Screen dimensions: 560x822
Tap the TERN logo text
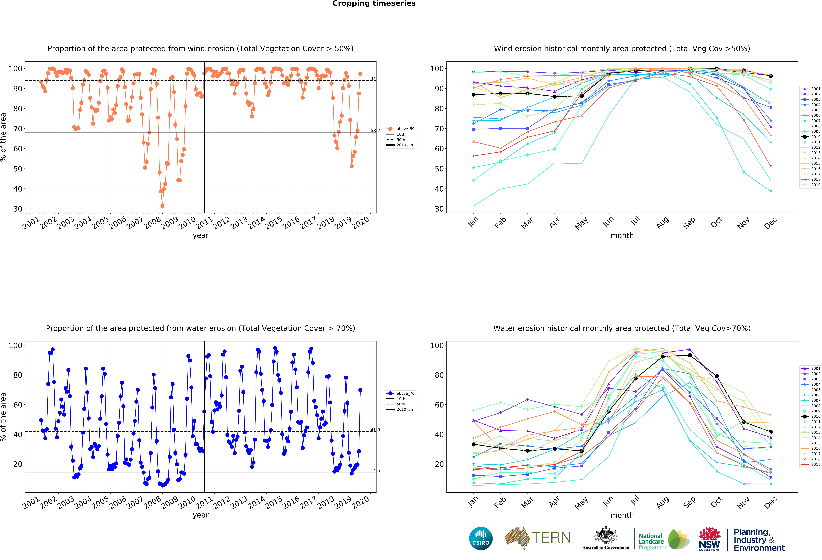[551, 538]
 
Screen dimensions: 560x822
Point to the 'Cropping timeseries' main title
[374, 4]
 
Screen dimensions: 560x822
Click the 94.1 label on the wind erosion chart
[375, 78]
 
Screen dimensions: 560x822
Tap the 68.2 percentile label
[375, 130]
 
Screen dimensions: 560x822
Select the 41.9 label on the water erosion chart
[375, 430]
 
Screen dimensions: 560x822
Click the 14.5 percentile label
[375, 471]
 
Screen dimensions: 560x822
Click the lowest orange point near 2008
[162, 206]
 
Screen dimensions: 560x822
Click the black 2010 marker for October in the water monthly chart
[717, 376]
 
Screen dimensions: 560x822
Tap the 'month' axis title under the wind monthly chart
[622, 235]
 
